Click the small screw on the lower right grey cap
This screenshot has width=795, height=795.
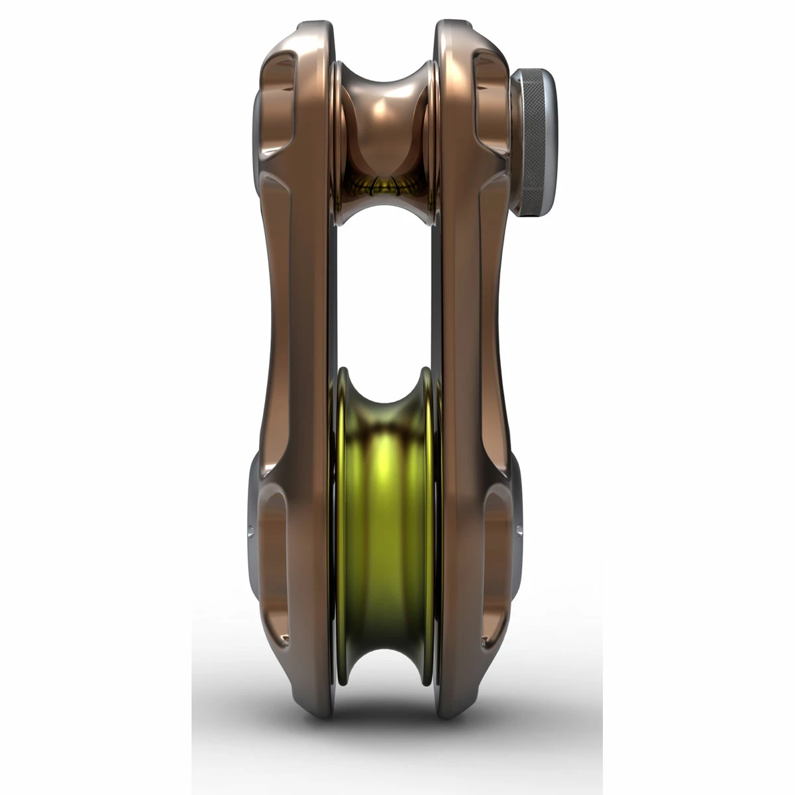[x=519, y=530]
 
